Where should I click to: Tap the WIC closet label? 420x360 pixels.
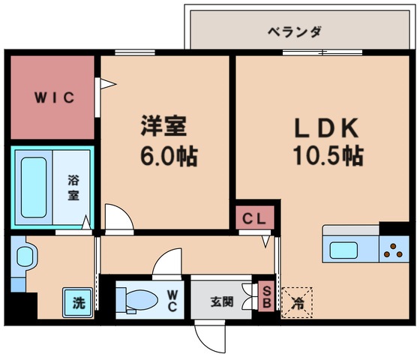coord(52,98)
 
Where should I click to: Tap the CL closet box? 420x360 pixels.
coord(253,219)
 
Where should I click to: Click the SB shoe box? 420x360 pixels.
coord(266,297)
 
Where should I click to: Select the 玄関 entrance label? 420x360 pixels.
coord(220,302)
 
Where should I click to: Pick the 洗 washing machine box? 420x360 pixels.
coord(78,303)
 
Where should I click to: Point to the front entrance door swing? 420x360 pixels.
coord(211,338)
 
